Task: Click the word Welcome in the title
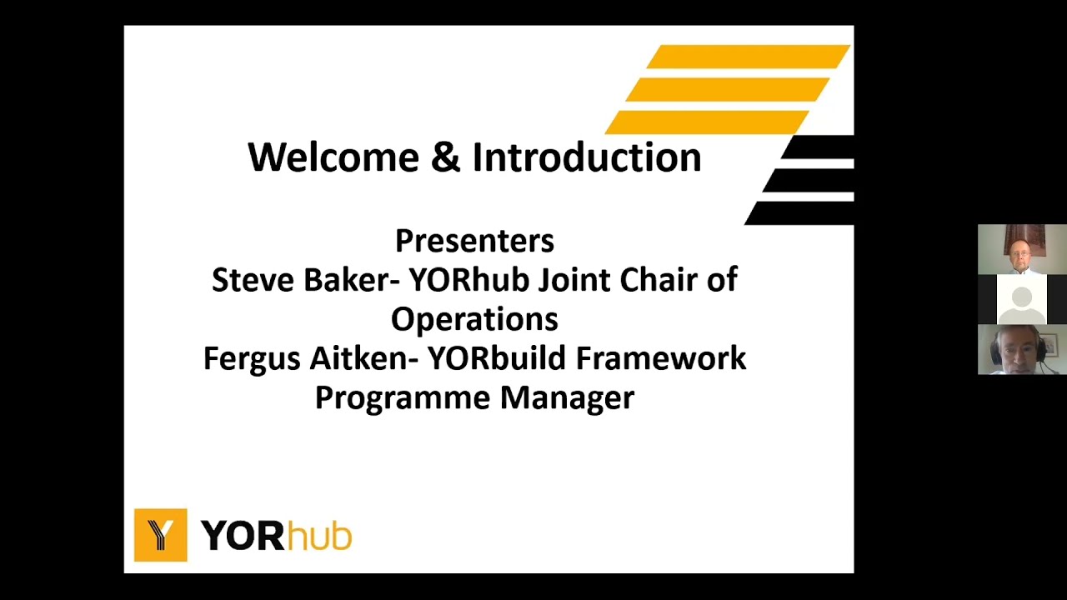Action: click(x=333, y=157)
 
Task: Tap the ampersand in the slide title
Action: click(x=446, y=157)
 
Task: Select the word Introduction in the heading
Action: click(x=587, y=157)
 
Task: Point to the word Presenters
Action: click(x=474, y=241)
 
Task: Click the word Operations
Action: click(x=474, y=319)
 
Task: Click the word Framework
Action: click(x=661, y=358)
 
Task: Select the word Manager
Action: click(x=567, y=398)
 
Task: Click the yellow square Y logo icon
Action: click(x=160, y=535)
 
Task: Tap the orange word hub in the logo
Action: click(x=319, y=536)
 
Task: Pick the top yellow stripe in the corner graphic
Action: click(x=747, y=57)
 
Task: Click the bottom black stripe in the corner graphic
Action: click(x=800, y=213)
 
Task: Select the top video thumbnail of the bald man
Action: click(x=1022, y=249)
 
